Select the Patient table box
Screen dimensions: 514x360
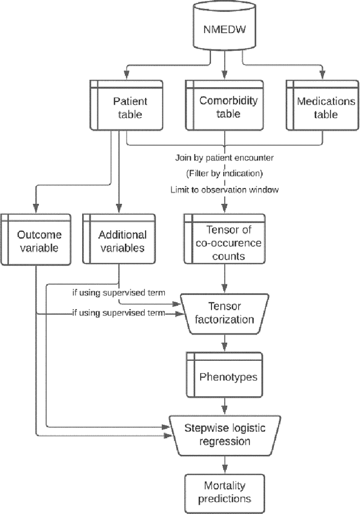click(127, 107)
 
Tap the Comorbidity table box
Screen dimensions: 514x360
click(225, 107)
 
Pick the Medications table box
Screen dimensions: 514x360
click(322, 107)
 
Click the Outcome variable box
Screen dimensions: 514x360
click(36, 241)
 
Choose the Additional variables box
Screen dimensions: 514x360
click(119, 241)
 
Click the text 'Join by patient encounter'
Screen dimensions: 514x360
click(224, 157)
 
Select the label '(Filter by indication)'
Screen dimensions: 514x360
click(224, 173)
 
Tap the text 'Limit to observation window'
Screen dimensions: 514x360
click(224, 190)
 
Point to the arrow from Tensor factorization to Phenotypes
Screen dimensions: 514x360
click(225, 342)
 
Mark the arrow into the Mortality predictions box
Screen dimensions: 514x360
click(225, 465)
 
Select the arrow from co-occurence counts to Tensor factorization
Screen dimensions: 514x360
click(225, 279)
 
